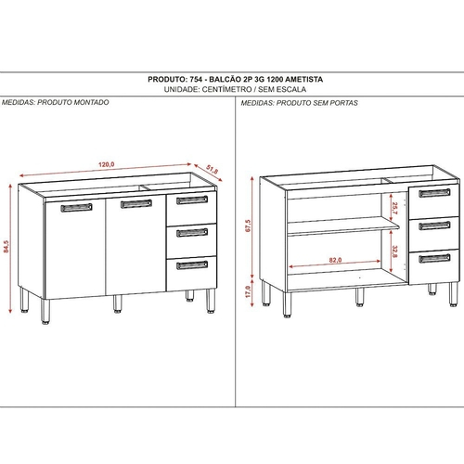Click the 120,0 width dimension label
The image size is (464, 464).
[107, 164]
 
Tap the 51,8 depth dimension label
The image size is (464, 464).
[213, 170]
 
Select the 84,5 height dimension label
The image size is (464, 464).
[6, 247]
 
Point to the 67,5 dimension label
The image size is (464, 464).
[248, 226]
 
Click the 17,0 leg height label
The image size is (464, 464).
[248, 291]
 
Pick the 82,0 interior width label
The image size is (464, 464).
[335, 260]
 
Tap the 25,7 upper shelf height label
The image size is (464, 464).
[394, 208]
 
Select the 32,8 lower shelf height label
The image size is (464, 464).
[394, 251]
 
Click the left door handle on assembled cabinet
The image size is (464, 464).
[76, 207]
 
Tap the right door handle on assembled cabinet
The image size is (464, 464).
[136, 204]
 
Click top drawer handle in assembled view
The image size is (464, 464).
[192, 200]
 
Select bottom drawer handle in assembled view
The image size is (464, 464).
[192, 265]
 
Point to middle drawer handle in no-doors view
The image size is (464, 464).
[434, 226]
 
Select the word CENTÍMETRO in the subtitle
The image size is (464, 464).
[226, 89]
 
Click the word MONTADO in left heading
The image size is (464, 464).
[92, 102]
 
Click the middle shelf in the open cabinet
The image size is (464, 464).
[343, 226]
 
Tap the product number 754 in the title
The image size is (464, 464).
[196, 80]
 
